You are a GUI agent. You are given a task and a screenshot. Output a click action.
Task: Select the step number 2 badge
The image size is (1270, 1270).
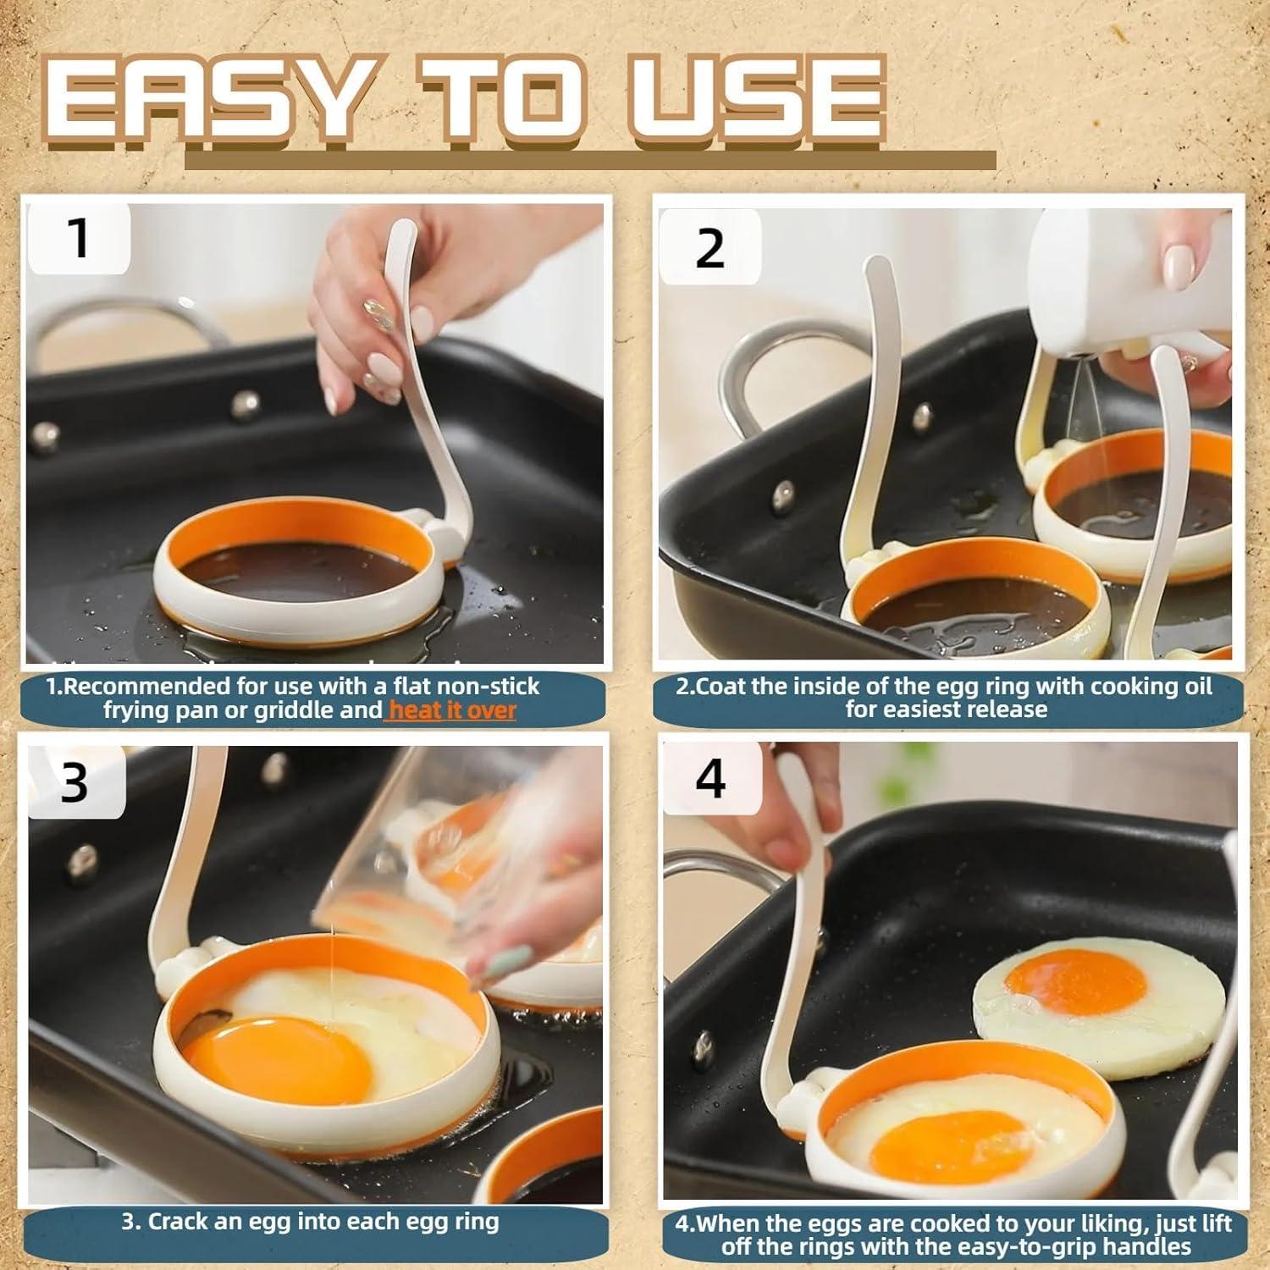(710, 248)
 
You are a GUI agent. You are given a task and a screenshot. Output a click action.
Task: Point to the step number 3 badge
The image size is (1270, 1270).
(75, 782)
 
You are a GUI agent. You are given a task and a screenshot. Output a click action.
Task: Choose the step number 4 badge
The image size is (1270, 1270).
(710, 778)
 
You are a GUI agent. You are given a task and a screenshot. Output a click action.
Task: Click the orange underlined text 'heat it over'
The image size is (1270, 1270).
(451, 710)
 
